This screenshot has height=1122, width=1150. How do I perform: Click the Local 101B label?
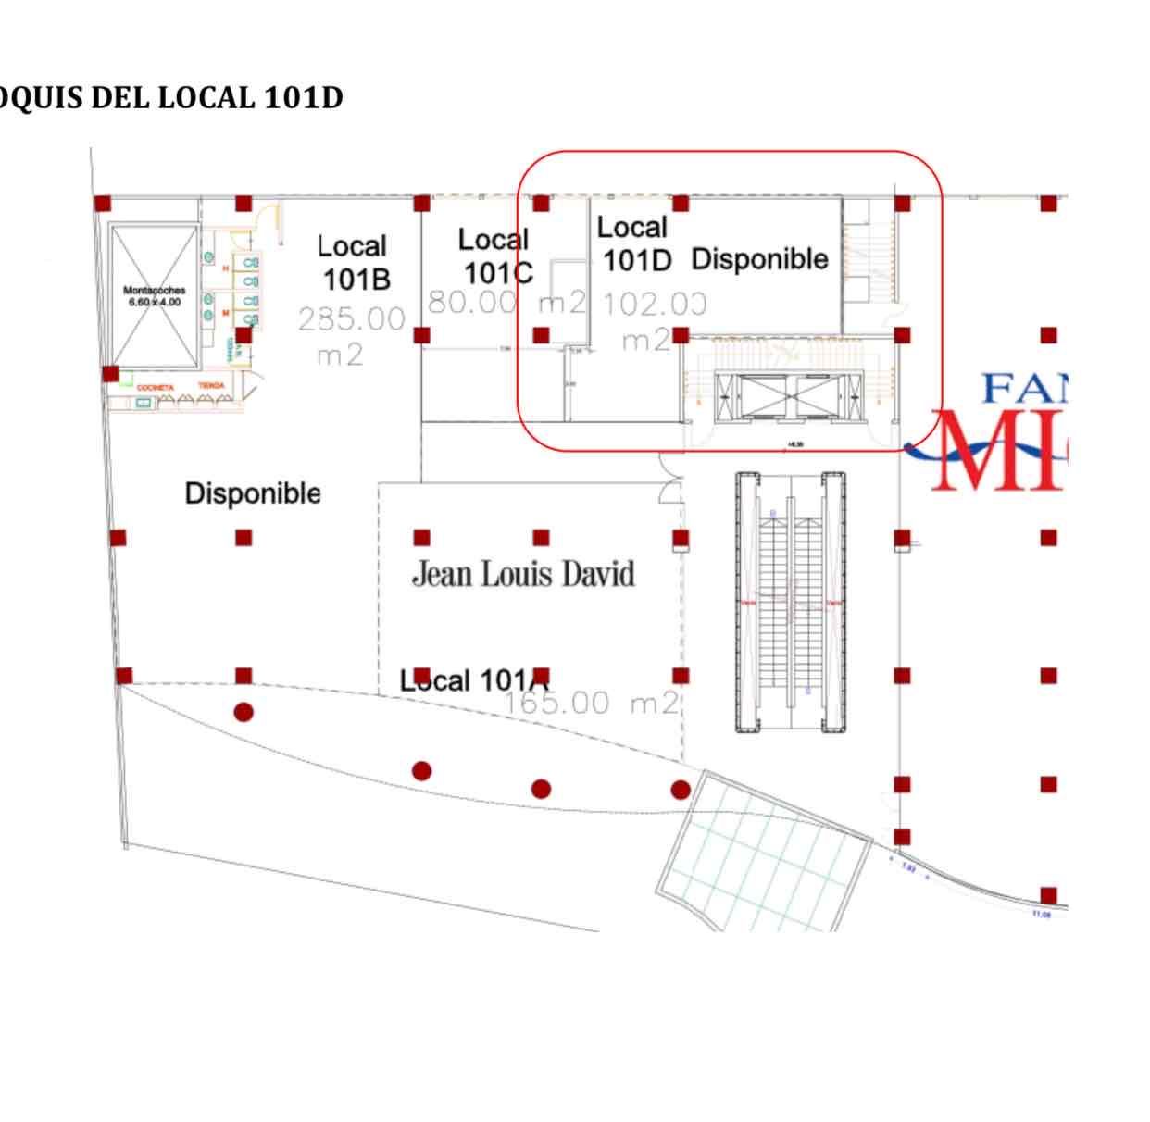coord(354,263)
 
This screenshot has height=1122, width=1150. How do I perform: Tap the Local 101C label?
coord(495,256)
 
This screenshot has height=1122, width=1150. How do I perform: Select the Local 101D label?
coord(634,243)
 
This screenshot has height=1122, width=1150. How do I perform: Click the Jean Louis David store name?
coord(523,574)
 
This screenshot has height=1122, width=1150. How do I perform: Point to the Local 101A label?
coord(469,681)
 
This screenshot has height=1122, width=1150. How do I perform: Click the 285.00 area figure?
coord(352,319)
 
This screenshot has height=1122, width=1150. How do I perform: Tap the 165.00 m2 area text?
coord(591,703)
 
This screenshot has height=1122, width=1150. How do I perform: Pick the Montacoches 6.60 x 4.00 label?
coord(154,296)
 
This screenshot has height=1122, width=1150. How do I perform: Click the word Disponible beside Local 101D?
coord(759,259)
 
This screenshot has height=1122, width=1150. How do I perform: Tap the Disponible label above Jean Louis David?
coord(253,492)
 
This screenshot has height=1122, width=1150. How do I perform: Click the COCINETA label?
coord(155,388)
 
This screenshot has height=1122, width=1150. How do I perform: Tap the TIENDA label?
coord(211,386)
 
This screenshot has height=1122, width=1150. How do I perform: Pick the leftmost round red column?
coord(244,712)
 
